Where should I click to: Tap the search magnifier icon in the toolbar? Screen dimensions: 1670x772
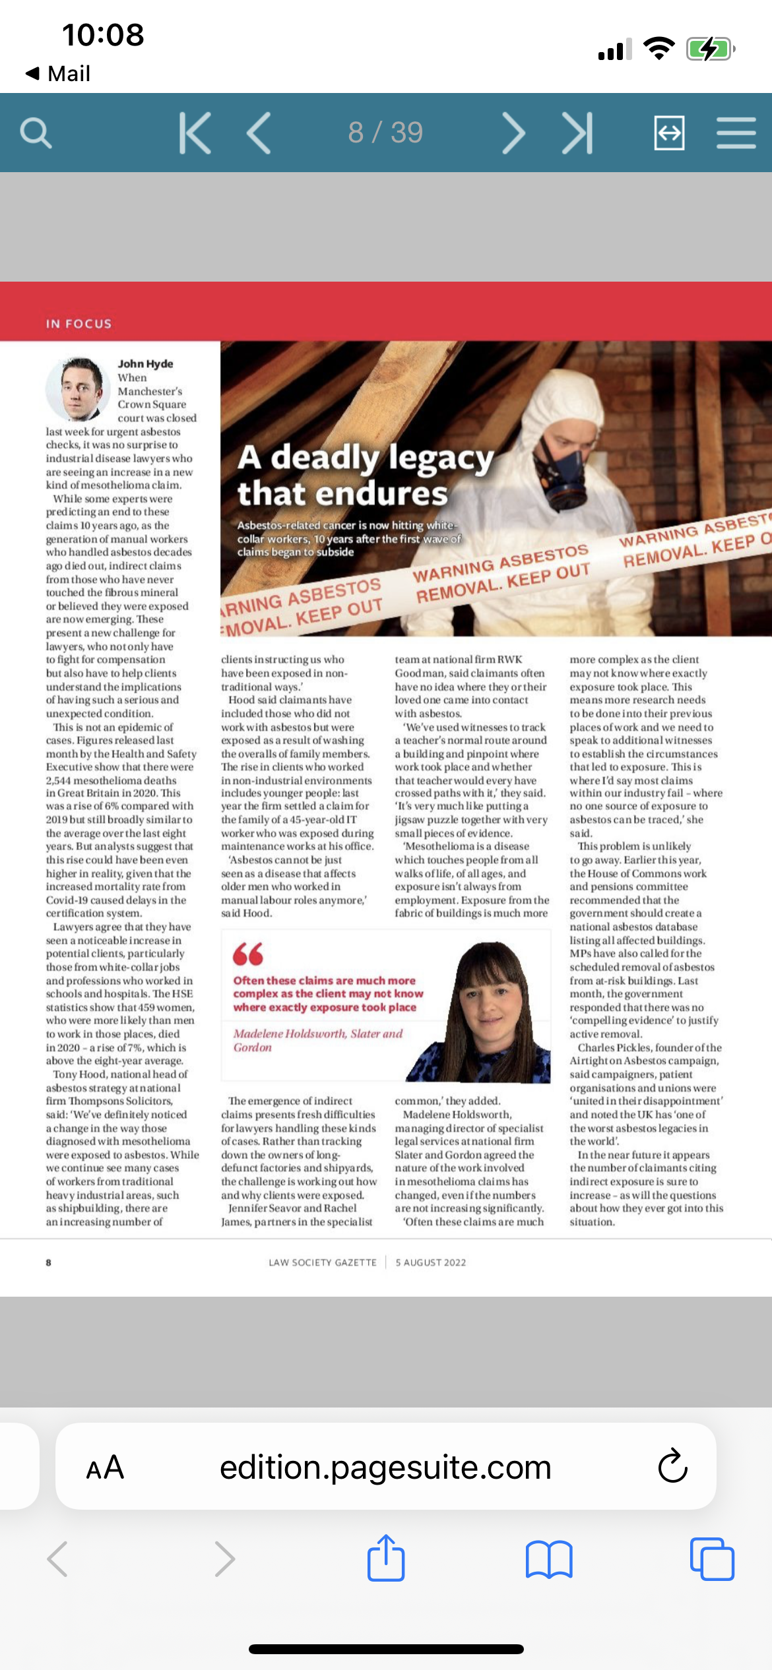click(x=36, y=133)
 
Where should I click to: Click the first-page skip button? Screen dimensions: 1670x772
click(x=195, y=133)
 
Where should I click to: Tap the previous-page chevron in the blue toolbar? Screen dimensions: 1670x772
click(x=259, y=133)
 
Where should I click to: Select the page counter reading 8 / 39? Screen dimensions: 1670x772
click(x=385, y=133)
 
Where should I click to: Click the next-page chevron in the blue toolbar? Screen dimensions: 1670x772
click(x=513, y=133)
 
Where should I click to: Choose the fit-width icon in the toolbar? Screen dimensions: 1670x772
click(x=669, y=133)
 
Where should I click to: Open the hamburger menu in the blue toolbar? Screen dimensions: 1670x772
click(x=736, y=133)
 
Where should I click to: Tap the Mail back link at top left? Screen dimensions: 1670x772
click(x=58, y=73)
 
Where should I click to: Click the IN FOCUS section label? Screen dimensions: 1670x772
click(x=79, y=324)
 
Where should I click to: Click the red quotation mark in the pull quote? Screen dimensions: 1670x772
click(x=248, y=954)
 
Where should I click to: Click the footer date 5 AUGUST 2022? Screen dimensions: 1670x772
click(x=431, y=1262)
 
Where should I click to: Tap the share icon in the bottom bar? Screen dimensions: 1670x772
click(x=386, y=1559)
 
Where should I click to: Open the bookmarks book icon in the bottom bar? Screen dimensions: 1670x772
click(x=549, y=1559)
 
